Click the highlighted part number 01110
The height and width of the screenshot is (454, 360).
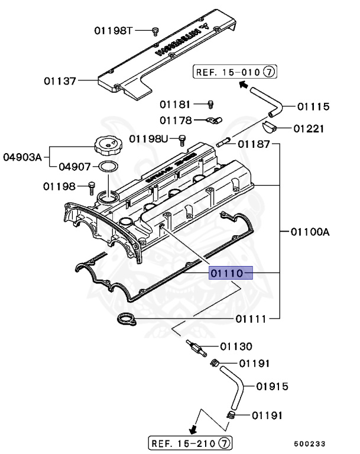[x=231, y=273]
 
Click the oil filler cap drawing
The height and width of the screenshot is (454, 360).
[x=106, y=144]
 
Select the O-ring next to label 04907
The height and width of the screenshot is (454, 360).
[x=106, y=167]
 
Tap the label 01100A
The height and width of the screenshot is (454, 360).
[x=309, y=232]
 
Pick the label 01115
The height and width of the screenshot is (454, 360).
[x=313, y=106]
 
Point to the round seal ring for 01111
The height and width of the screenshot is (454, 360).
[x=125, y=320]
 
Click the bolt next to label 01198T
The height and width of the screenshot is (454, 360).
[x=155, y=31]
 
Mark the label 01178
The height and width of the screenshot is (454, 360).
[x=176, y=121]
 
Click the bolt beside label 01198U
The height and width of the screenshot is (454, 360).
[x=182, y=140]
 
